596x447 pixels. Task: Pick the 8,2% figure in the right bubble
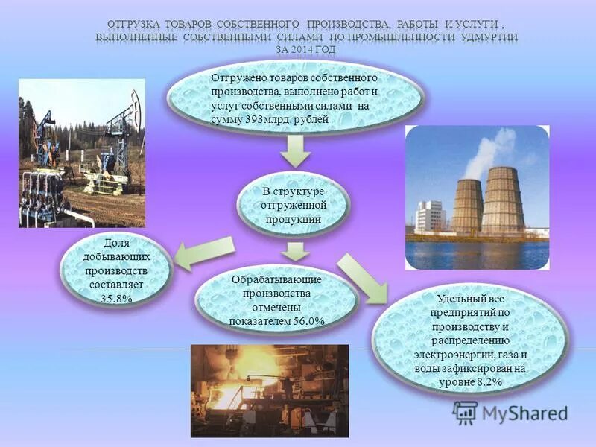point(486,381)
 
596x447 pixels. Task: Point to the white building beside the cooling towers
point(431,216)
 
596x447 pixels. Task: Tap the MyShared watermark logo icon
point(466,412)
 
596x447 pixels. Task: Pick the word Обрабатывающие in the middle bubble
point(276,279)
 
